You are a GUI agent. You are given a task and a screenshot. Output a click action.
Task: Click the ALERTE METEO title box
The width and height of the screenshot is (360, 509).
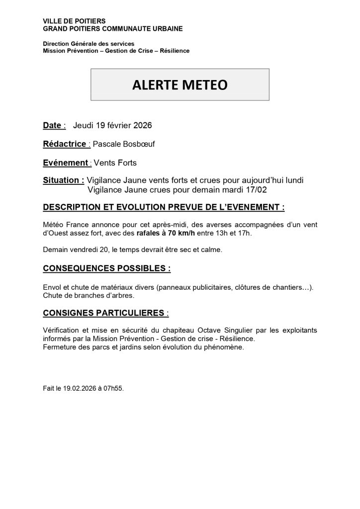pyautogui.click(x=180, y=85)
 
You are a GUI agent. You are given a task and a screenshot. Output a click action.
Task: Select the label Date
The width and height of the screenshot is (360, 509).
pyautogui.click(x=53, y=126)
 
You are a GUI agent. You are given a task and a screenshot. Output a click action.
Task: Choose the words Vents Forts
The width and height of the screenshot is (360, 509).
pyautogui.click(x=116, y=162)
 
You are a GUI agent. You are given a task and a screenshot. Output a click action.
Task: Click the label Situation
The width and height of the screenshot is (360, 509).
pyautogui.click(x=63, y=180)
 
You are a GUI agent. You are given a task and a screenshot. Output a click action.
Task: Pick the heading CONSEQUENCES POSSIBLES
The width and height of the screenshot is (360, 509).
pyautogui.click(x=107, y=268)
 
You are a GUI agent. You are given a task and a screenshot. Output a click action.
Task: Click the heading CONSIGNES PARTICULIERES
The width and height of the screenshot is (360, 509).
pyautogui.click(x=105, y=313)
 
